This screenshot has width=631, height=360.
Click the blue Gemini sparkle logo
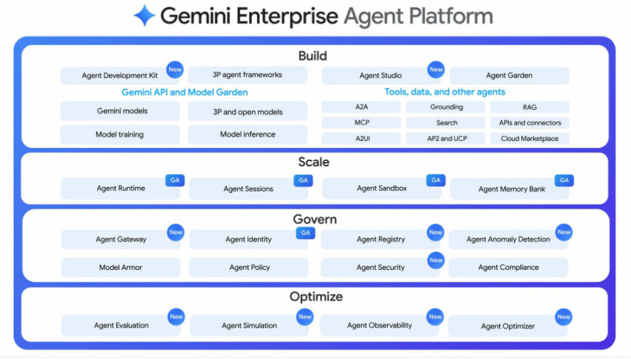point(144,15)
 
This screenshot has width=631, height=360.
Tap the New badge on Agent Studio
point(436,69)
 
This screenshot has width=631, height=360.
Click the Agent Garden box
point(509,76)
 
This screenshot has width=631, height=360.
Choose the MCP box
point(361,123)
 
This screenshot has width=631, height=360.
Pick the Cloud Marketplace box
point(529,139)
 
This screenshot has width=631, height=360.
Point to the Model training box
point(120,135)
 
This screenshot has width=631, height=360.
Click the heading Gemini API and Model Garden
point(185,93)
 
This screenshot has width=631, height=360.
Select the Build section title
point(313,56)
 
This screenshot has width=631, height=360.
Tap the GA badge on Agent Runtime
point(175,180)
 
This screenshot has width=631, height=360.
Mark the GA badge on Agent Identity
point(304,233)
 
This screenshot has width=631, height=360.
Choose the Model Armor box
point(120,267)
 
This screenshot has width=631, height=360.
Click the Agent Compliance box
point(508,267)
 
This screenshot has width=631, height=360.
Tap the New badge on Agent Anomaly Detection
point(564,232)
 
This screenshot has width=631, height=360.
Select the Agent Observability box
point(379,325)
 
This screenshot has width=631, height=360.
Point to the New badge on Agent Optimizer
point(564,317)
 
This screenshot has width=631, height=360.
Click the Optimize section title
point(315,297)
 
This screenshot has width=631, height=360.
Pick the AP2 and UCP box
point(446,139)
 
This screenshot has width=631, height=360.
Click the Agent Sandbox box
point(381,189)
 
